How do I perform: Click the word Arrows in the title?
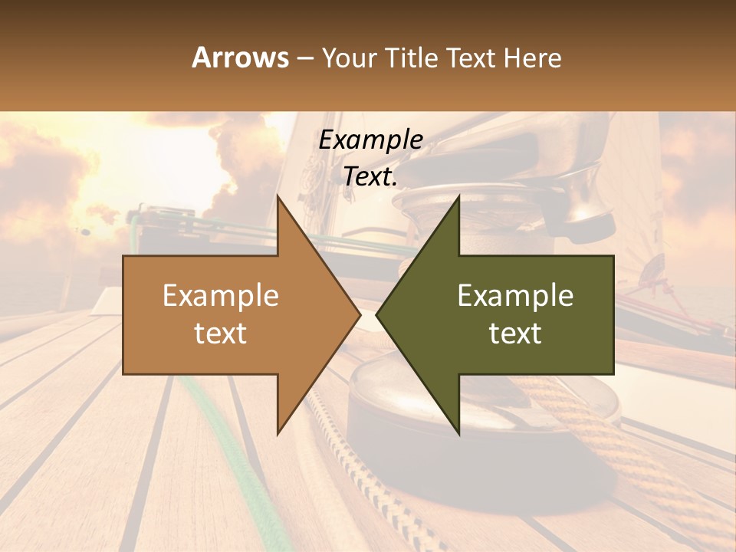[240, 58]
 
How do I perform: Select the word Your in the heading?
[349, 58]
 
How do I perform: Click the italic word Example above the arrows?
[370, 140]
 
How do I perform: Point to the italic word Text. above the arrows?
[370, 177]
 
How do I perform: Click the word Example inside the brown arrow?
[220, 295]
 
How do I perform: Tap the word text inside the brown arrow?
[220, 333]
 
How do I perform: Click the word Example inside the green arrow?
[515, 295]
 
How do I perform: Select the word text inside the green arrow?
[515, 333]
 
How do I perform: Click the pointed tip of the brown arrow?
[359, 314]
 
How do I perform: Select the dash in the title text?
[304, 58]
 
